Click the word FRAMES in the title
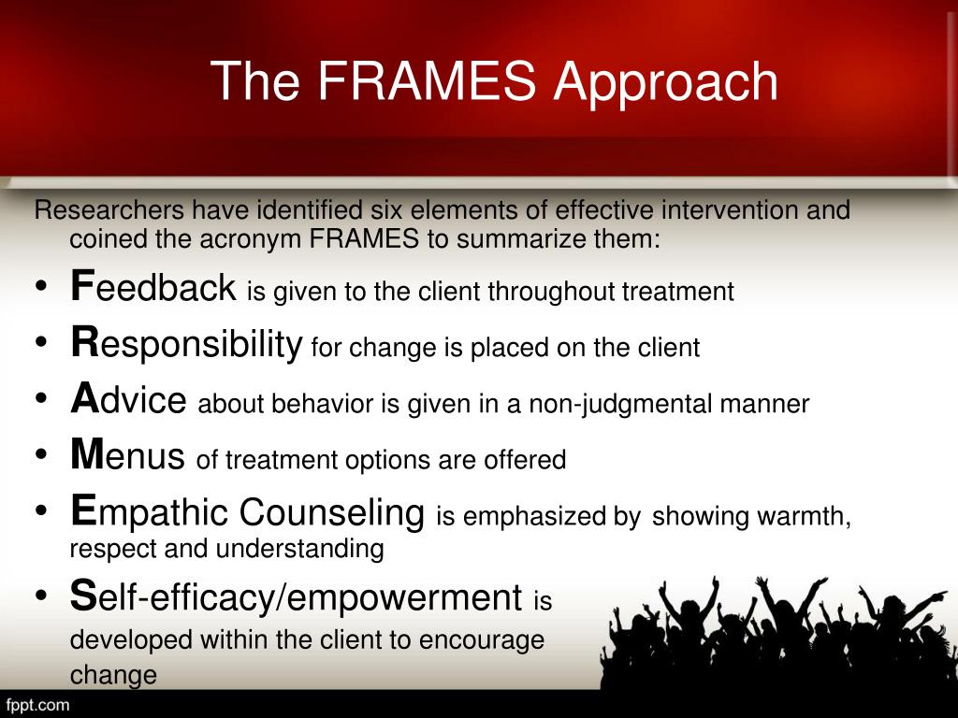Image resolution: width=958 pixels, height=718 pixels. click(x=428, y=82)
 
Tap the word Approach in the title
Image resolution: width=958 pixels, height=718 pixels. click(x=665, y=82)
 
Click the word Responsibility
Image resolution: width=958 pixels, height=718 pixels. click(x=186, y=345)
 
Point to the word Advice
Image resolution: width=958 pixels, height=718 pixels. click(x=129, y=401)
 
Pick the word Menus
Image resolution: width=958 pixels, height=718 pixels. click(x=128, y=457)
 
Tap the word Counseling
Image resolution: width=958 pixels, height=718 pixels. click(x=332, y=512)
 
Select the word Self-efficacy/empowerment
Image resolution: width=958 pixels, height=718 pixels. click(x=296, y=597)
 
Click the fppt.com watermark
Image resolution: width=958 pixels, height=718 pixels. click(x=38, y=704)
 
